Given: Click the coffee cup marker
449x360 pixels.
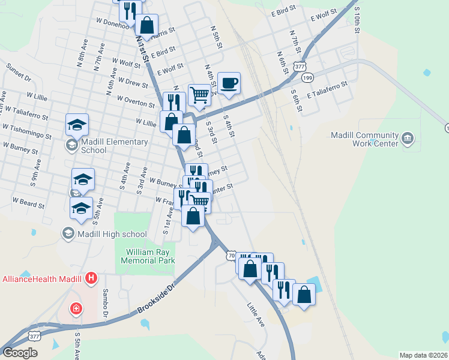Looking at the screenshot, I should [228, 83].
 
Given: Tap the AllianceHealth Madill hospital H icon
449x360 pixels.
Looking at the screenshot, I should [91, 278].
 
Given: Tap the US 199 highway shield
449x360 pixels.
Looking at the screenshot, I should [308, 78].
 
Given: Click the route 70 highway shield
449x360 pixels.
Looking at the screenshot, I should [232, 256].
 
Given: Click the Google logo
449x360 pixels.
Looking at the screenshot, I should [20, 353].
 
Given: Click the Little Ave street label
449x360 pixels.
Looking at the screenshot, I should [256, 314].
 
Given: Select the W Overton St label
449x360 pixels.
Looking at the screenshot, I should [136, 101].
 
